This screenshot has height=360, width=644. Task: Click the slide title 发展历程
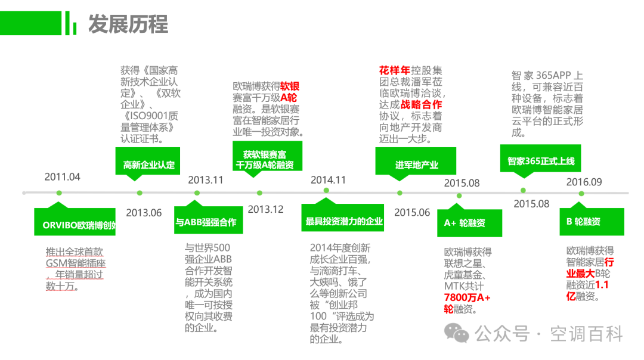pyautogui.click(x=128, y=24)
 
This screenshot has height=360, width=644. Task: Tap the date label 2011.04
pyautogui.click(x=63, y=177)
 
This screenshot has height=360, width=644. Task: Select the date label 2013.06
pyautogui.click(x=144, y=213)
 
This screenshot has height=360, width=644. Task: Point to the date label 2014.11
pyautogui.click(x=328, y=180)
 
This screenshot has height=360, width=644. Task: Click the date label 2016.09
pyautogui.click(x=584, y=182)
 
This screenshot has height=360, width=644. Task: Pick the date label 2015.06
pyautogui.click(x=412, y=212)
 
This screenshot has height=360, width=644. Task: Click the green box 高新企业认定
pyautogui.click(x=148, y=164)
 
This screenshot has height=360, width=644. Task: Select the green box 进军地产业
pyautogui.click(x=416, y=164)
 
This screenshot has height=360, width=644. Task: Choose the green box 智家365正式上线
pyautogui.click(x=540, y=161)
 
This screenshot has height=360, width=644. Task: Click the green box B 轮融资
pyautogui.click(x=592, y=221)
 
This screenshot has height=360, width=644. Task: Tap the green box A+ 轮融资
pyautogui.click(x=469, y=221)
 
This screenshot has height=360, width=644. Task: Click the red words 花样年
pyautogui.click(x=395, y=70)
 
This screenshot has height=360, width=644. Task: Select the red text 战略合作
pyautogui.click(x=422, y=105)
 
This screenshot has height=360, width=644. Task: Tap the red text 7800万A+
pyautogui.click(x=467, y=297)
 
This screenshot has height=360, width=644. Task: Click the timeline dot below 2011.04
pyautogui.click(x=59, y=193)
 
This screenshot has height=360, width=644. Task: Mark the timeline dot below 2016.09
pyautogui.click(x=581, y=193)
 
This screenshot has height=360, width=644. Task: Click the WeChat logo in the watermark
pyautogui.click(x=456, y=333)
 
